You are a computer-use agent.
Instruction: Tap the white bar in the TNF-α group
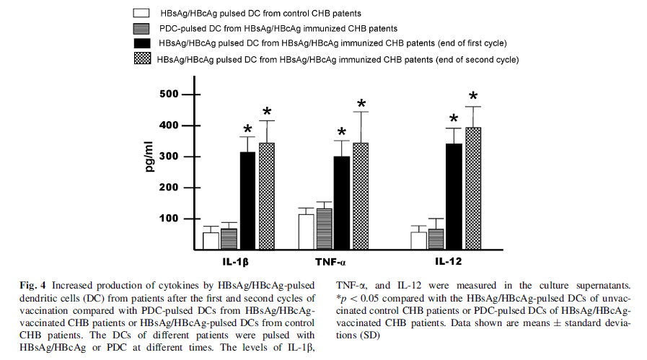click(x=306, y=232)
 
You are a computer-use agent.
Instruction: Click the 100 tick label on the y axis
click(x=170, y=219)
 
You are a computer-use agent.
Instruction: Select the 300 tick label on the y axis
click(x=170, y=157)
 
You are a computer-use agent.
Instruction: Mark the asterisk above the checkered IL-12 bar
click(x=473, y=97)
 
